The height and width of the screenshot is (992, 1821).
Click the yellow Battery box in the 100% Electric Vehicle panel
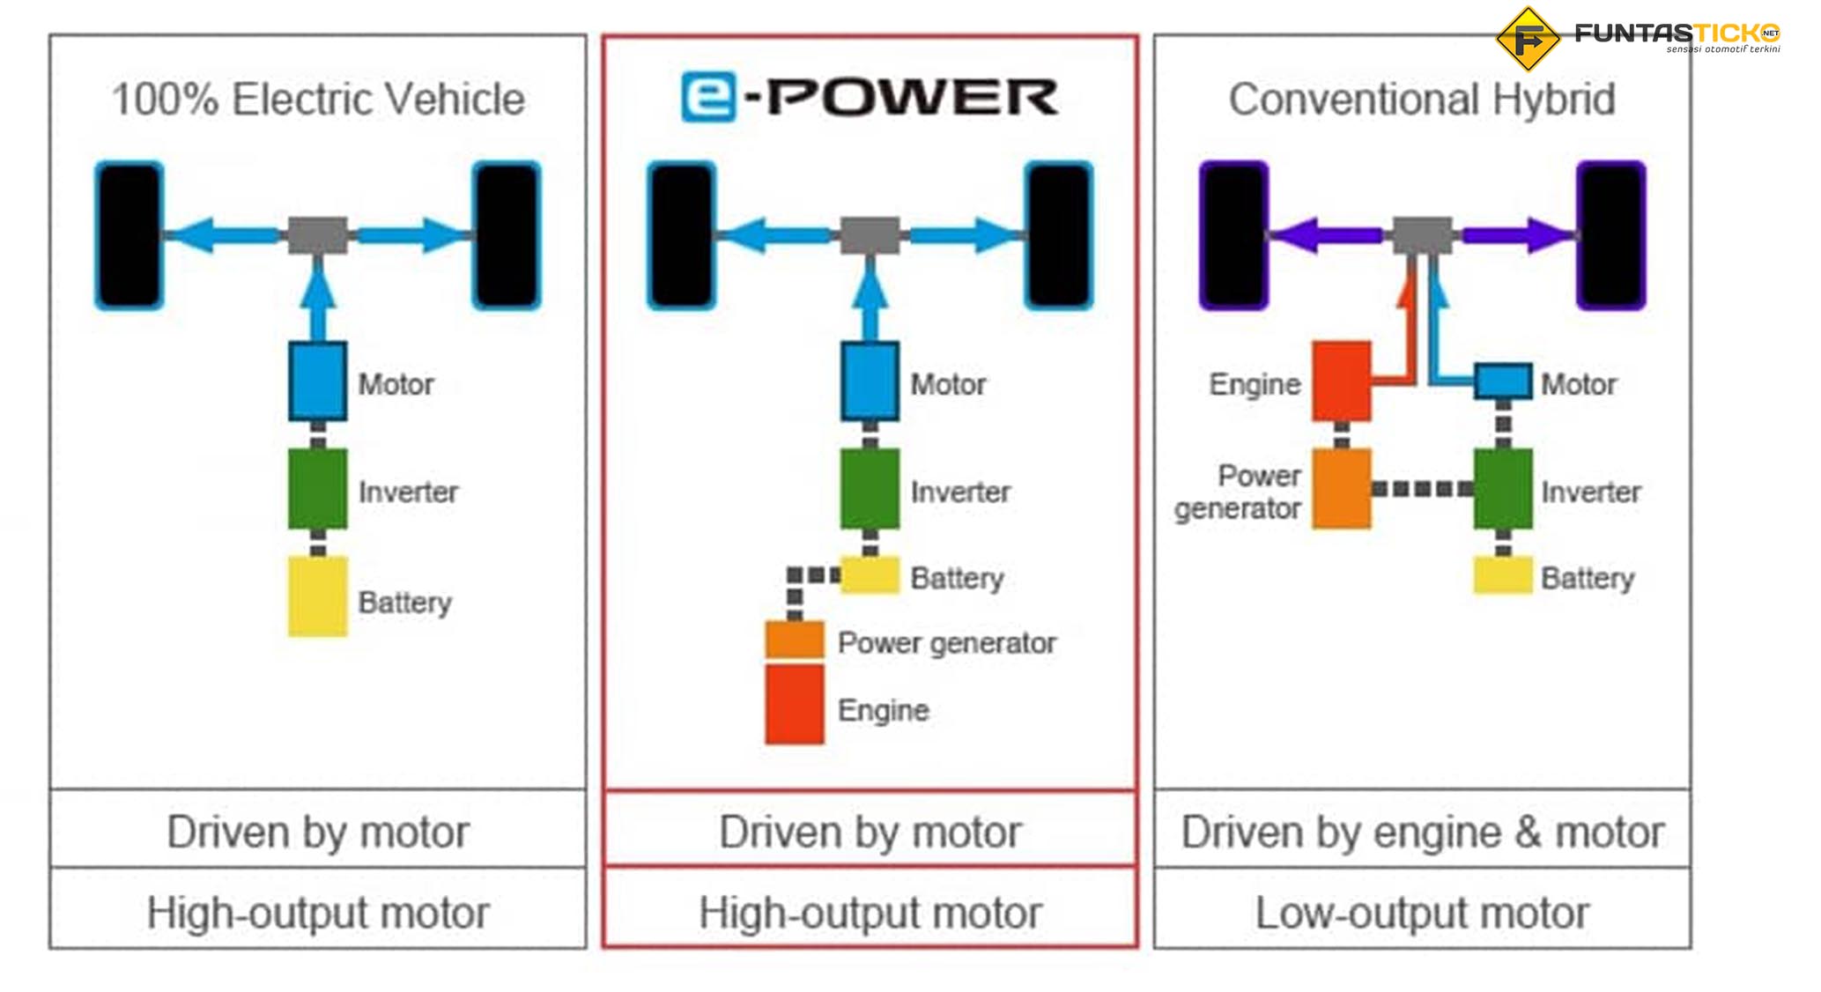[x=317, y=596]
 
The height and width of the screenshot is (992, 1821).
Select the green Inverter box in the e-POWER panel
[x=870, y=489]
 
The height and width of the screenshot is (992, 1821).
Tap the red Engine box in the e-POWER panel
[x=794, y=705]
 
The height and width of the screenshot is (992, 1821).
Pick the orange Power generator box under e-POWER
[x=794, y=640]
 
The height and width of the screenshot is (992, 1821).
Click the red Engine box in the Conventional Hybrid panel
[x=1341, y=381]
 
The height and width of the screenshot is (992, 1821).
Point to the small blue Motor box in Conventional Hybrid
[x=1503, y=381]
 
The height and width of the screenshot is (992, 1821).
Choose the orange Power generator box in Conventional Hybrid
[x=1341, y=489]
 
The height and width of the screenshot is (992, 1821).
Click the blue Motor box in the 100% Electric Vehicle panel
[x=317, y=381]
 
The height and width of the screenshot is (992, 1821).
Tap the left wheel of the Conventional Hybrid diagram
[x=1233, y=235]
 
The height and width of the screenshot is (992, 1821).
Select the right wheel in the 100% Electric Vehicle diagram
[x=507, y=235]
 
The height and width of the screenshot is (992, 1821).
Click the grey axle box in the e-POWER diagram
[x=870, y=235]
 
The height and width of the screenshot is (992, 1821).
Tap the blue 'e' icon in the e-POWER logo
[x=707, y=97]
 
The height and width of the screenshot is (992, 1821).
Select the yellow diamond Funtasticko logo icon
[x=1528, y=39]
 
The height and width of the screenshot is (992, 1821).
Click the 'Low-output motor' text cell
[x=1422, y=912]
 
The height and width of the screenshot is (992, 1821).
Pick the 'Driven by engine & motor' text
[x=1422, y=832]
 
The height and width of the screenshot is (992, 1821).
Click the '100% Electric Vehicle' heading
[x=318, y=99]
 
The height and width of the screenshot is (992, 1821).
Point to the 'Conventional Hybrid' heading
[x=1422, y=99]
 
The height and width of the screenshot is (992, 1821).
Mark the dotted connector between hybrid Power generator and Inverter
[x=1422, y=489]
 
